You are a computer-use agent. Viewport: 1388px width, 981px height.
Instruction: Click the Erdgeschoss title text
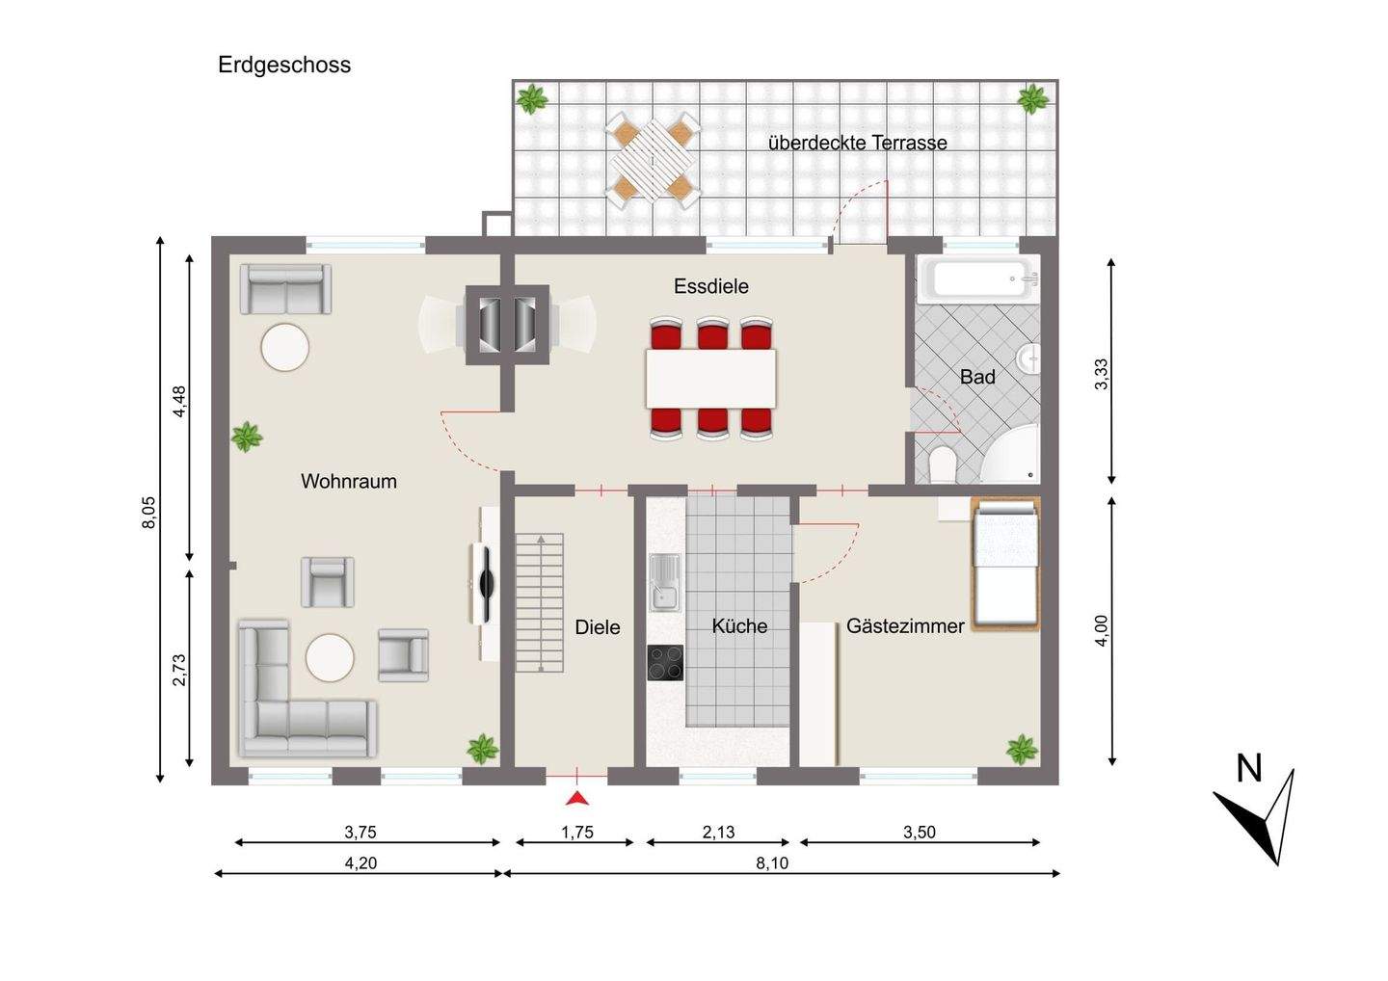point(283,65)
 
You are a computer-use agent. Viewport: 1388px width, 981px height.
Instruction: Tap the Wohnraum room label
point(349,481)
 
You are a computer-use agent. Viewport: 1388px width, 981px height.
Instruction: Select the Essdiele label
point(710,286)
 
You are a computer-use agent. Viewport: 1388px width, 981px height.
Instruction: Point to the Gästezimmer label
point(905,626)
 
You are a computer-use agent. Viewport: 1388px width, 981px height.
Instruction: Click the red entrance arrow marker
point(576,799)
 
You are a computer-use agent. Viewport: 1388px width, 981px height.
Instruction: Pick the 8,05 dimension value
point(149,513)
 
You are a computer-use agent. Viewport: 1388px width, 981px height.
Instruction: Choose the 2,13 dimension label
point(718,832)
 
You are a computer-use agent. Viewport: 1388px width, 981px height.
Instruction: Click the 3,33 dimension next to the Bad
point(1101,374)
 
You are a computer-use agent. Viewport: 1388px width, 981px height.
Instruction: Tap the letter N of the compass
point(1248,770)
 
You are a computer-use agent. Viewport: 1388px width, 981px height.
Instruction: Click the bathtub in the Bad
point(977,278)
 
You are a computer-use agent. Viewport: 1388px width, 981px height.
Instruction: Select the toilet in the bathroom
point(943,464)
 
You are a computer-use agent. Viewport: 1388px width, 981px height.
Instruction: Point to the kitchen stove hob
point(665,663)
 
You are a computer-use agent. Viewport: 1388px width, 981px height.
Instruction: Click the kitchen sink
point(664,583)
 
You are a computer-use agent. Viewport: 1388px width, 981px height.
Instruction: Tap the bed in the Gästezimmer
point(1005,564)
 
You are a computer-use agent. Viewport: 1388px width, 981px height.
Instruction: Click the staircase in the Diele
point(540,602)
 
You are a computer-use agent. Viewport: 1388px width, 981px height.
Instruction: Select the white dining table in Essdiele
point(710,379)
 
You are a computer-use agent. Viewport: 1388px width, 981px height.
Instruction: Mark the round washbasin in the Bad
point(1029,359)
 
